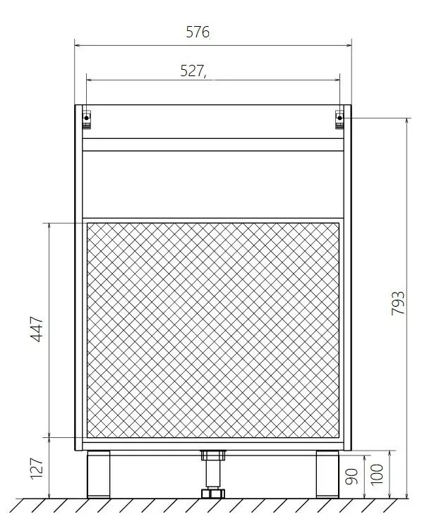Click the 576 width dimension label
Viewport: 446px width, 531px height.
pyautogui.click(x=198, y=32)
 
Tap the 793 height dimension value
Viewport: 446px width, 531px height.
pyautogui.click(x=398, y=303)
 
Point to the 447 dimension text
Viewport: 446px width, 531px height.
pyautogui.click(x=37, y=329)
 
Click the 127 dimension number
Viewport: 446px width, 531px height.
pyautogui.click(x=37, y=468)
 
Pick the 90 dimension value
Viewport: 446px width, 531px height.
pyautogui.click(x=351, y=477)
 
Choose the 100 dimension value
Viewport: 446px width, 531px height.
pyautogui.click(x=377, y=474)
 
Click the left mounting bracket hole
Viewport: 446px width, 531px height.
pyautogui.click(x=87, y=118)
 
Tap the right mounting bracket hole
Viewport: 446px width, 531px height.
pyautogui.click(x=339, y=118)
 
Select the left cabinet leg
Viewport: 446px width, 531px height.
pyautogui.click(x=99, y=474)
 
